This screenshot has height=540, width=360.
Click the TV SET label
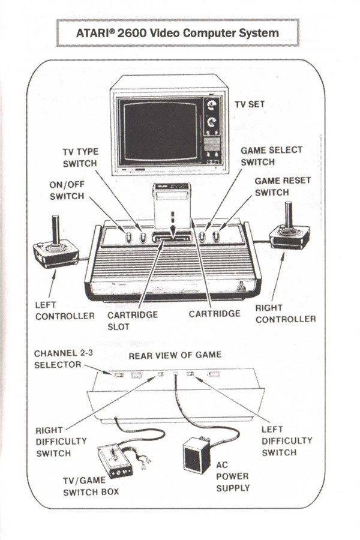tap(250, 104)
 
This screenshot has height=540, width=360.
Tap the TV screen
tap(160, 131)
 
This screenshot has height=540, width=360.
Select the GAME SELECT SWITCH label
tap(271, 156)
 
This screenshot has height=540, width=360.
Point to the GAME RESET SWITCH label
tap(283, 187)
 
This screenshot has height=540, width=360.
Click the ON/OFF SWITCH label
tap(67, 190)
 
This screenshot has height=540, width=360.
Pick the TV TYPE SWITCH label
tap(80, 157)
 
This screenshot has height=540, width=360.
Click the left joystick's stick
tap(55, 230)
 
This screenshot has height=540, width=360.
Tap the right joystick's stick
tap(289, 215)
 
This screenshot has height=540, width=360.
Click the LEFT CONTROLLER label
tap(65, 310)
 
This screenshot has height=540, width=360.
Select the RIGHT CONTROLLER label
tap(285, 313)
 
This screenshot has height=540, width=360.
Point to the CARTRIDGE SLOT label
tap(133, 320)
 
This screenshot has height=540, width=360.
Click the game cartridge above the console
tap(172, 206)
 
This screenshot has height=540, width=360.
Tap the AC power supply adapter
tap(196, 454)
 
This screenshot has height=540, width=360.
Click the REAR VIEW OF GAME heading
tap(175, 355)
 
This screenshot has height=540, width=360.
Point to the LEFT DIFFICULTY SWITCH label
tap(287, 440)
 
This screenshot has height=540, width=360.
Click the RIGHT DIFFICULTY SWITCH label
tap(61, 442)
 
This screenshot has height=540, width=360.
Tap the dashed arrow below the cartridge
tap(173, 224)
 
